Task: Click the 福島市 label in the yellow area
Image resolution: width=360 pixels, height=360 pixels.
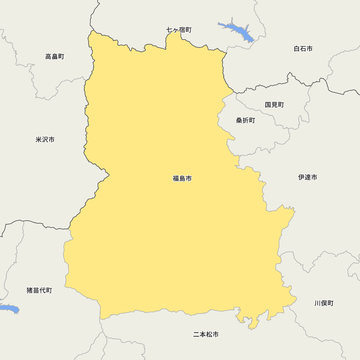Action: pos(182,178)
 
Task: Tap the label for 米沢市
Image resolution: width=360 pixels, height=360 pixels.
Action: pos(45,140)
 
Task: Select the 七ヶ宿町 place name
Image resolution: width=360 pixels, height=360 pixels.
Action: pos(179,30)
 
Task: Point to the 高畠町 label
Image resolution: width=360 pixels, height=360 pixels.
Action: pos(55,57)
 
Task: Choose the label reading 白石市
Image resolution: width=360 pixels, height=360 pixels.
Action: pos(303,49)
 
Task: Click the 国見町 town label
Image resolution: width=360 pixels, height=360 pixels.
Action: pos(274,105)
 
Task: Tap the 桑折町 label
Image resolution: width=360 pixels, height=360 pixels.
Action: pos(246,121)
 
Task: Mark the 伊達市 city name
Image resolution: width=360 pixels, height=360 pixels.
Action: pos(308,177)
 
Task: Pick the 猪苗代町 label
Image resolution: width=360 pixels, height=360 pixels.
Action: pos(39,290)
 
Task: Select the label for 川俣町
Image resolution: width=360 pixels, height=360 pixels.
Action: pos(324,303)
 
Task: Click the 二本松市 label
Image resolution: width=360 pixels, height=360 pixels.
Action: pos(206,334)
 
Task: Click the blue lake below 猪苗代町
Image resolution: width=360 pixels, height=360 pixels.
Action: pos(9,309)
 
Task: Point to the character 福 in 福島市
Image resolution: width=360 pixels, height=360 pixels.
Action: pos(176,178)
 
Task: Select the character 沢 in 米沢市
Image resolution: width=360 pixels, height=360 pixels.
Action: pos(45,140)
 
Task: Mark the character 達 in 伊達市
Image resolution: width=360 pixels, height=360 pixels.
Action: pos(308,177)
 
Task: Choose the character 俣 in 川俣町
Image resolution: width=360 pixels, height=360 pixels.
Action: pos(324,303)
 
